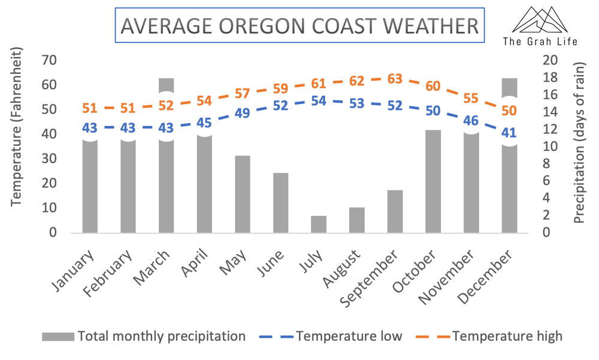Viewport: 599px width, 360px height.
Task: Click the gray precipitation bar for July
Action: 319,224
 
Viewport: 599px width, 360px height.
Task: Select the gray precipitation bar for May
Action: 243,194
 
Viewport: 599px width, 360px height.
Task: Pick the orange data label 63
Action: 395,79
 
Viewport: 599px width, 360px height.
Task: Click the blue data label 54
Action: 319,101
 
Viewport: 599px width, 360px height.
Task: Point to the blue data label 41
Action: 509,132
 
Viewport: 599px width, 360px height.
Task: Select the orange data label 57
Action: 243,93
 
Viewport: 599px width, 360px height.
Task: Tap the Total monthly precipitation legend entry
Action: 161,336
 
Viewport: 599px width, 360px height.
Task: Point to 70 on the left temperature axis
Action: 49,60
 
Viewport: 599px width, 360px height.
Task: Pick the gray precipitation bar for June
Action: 281,202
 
